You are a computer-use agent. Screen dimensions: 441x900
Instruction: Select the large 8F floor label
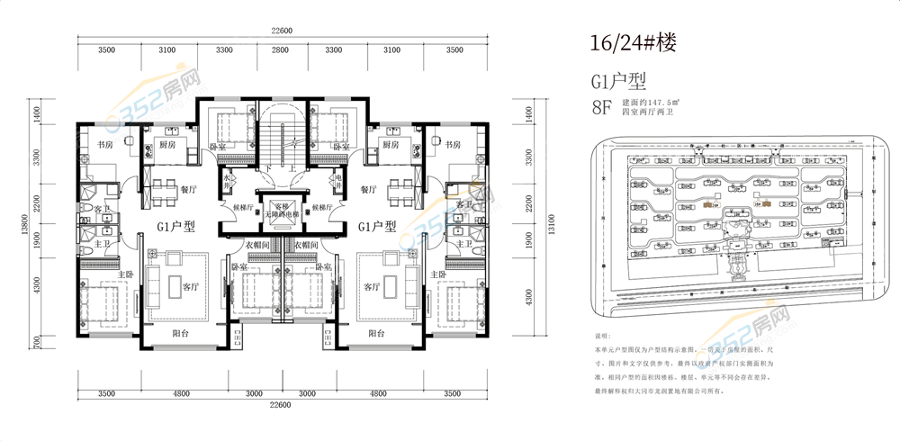point(601,110)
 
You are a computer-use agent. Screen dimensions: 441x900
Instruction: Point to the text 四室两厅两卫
point(647,116)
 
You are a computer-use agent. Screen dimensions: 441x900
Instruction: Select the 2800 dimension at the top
point(280,51)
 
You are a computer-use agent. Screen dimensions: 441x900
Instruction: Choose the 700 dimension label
point(38,341)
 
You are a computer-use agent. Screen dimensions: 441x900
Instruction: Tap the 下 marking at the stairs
point(268,168)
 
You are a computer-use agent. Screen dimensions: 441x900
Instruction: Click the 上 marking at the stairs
point(293,168)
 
